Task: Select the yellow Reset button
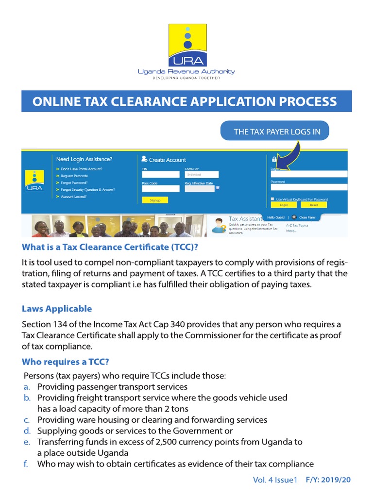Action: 314,205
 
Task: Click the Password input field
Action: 309,187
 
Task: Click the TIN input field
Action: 160,175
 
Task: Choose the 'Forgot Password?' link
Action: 74,182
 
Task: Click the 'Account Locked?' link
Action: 74,197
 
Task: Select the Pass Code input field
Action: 160,189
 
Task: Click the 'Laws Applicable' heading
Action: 57,309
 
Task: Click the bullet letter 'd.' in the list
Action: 27,431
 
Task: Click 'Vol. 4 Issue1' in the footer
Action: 274,480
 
